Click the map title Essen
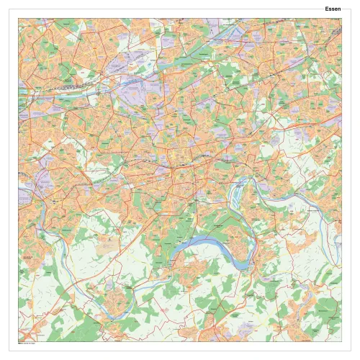[x=333, y=9]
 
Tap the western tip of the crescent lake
[x=175, y=253]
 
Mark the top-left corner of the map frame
[x=19, y=19]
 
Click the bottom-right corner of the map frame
[x=341, y=341]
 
